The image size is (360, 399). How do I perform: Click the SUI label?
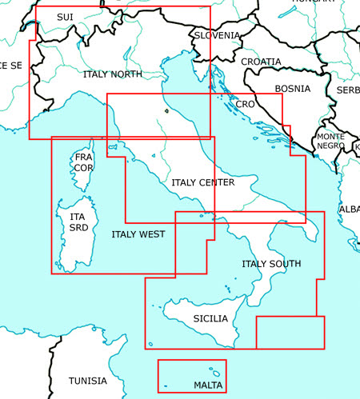click(65, 17)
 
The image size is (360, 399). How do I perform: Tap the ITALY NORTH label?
click(112, 74)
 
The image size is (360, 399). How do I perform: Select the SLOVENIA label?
click(217, 35)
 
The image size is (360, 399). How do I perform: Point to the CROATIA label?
click(261, 62)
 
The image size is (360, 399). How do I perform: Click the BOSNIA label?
click(292, 89)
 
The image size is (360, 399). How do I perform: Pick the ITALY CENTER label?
click(202, 182)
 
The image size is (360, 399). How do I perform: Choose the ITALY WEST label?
click(138, 234)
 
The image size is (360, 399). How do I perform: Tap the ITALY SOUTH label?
click(271, 264)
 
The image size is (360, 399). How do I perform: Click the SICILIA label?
click(210, 318)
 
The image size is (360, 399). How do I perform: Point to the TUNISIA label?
click(87, 381)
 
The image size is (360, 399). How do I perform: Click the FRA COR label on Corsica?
click(83, 163)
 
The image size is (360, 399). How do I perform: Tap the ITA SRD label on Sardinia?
click(78, 221)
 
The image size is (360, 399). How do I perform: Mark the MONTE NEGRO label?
click(330, 141)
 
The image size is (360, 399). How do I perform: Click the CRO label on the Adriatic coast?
click(245, 105)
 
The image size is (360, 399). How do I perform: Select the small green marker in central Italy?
click(166, 112)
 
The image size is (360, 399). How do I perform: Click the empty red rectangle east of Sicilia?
click(290, 332)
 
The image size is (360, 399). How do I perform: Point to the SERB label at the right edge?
click(348, 90)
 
